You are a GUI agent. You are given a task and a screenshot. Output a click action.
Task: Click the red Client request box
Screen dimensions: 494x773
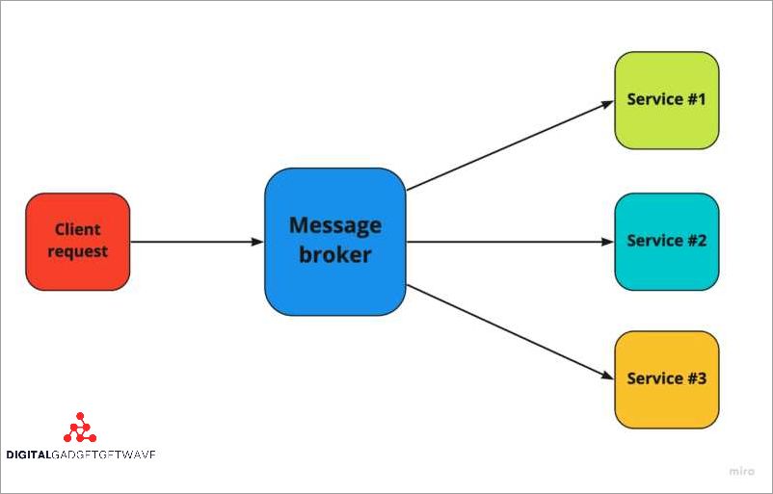tap(77, 241)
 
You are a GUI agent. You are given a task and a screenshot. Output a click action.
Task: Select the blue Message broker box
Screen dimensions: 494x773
tap(334, 241)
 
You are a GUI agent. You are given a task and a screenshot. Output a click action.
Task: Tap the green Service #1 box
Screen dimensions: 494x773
tap(667, 100)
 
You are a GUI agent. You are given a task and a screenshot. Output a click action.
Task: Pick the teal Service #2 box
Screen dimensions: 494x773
tap(667, 241)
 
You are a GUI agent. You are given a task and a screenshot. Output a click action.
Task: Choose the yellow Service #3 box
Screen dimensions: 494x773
tap(667, 379)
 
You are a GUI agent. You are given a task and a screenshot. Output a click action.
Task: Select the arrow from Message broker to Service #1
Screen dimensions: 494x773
tap(511, 144)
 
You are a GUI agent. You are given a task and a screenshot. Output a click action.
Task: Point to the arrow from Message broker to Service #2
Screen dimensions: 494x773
tap(511, 241)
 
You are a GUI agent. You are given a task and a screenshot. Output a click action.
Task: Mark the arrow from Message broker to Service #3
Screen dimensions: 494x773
tap(511, 332)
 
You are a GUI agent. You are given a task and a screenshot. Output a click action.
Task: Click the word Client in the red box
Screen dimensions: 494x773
tap(78, 229)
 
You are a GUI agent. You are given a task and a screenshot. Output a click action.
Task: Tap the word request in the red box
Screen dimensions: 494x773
tap(78, 252)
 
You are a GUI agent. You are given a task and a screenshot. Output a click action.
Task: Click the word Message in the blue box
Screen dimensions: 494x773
tap(335, 225)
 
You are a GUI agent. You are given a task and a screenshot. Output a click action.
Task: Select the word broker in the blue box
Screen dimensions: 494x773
tap(335, 256)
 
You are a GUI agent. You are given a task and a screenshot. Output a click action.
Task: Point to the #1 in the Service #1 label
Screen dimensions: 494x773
tap(695, 99)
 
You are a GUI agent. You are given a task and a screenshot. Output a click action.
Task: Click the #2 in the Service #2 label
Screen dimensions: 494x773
tap(695, 241)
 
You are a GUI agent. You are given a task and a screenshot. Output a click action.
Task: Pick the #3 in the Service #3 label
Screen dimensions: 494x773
tap(695, 378)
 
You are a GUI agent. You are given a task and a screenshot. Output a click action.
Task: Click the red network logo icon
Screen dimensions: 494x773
tap(80, 428)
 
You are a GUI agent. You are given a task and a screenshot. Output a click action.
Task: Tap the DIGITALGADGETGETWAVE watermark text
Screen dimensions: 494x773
tap(81, 455)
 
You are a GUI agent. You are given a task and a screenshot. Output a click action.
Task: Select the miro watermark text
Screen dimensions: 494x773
tap(742, 473)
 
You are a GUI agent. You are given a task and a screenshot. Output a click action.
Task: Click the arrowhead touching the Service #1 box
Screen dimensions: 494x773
tap(607, 101)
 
